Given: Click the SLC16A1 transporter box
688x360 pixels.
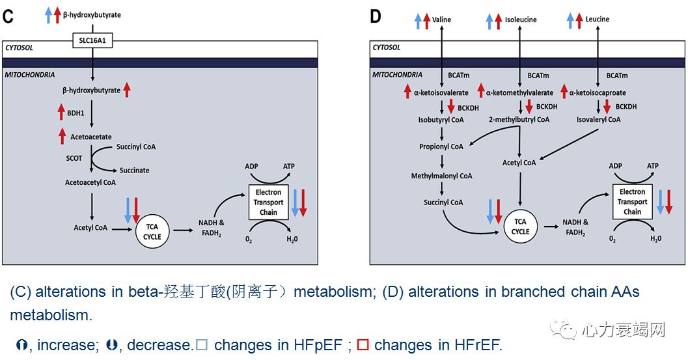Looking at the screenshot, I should pyautogui.click(x=92, y=40).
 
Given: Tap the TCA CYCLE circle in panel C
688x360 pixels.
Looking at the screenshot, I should pyautogui.click(x=152, y=232).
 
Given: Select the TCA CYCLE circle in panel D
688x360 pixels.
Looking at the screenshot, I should pyautogui.click(x=519, y=227).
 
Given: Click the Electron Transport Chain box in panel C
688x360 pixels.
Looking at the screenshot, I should pyautogui.click(x=268, y=202).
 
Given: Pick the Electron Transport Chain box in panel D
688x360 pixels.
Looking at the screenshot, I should pyautogui.click(x=632, y=202).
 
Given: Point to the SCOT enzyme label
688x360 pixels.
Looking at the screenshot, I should pyautogui.click(x=73, y=158).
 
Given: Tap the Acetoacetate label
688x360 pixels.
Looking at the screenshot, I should pyautogui.click(x=90, y=137).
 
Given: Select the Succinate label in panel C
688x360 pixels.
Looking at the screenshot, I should pyautogui.click(x=133, y=171).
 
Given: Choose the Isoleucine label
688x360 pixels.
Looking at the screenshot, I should pyautogui.click(x=521, y=20).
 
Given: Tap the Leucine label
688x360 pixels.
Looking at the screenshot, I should pyautogui.click(x=597, y=20).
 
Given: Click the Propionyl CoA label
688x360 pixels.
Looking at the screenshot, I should pyautogui.click(x=441, y=146).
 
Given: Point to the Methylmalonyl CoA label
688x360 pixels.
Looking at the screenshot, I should pyautogui.click(x=441, y=176).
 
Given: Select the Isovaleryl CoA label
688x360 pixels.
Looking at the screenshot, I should pyautogui.click(x=598, y=120).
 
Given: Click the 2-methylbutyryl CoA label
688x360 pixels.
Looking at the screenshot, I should pyautogui.click(x=519, y=120).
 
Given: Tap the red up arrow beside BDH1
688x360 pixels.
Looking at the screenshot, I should pyautogui.click(x=62, y=111).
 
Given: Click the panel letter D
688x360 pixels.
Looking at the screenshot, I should pyautogui.click(x=376, y=16).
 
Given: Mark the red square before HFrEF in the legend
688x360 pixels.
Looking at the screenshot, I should pyautogui.click(x=363, y=345).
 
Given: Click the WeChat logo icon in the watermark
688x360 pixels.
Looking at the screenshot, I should pyautogui.click(x=564, y=330).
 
